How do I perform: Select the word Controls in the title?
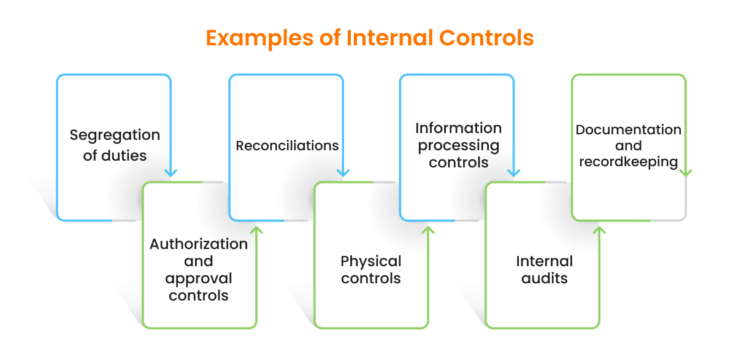(x=486, y=38)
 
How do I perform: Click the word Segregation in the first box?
(x=115, y=135)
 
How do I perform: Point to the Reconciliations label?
(x=287, y=146)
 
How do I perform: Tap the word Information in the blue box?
(x=458, y=128)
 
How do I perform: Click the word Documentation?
(x=628, y=130)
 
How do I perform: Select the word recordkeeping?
(x=628, y=162)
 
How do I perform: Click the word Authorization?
(x=199, y=244)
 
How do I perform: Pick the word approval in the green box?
(x=199, y=278)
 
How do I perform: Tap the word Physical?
(x=370, y=261)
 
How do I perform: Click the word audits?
(x=544, y=278)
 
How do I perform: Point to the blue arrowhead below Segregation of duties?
(x=171, y=172)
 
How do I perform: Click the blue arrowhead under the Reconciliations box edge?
(x=342, y=172)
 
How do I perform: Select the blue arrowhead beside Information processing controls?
(x=513, y=172)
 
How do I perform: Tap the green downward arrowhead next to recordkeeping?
(x=686, y=172)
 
